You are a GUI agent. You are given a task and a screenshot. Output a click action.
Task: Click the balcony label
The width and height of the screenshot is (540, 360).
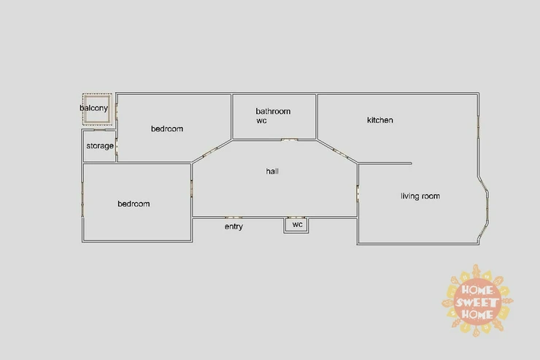[93, 109]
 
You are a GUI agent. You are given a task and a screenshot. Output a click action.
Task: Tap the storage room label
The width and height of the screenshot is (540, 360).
[100, 146]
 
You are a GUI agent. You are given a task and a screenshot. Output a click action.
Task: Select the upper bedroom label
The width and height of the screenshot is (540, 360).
[167, 129]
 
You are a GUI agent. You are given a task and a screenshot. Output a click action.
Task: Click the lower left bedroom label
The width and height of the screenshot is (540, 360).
[134, 204]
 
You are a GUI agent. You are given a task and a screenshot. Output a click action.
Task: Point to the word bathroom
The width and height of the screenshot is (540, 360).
[273, 112]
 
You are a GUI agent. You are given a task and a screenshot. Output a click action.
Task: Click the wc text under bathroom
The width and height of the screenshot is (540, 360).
[261, 121]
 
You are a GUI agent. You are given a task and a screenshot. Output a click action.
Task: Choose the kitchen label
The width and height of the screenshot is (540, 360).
[380, 120]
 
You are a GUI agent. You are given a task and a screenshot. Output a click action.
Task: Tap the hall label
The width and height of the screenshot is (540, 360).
[273, 172]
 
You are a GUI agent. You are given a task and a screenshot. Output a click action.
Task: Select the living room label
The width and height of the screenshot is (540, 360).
[420, 196]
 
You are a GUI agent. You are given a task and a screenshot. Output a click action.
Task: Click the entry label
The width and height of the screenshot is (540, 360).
[234, 227]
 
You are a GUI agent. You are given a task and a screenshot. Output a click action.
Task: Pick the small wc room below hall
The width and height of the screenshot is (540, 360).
[297, 225]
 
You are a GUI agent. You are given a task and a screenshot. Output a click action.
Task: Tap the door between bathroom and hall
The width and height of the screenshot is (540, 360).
[290, 139]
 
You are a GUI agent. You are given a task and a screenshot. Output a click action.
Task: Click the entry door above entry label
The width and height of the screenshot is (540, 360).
[234, 217]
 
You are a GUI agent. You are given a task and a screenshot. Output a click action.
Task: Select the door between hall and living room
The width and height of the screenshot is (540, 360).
[358, 194]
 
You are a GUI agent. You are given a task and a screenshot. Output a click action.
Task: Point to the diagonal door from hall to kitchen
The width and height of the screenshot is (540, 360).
[340, 152]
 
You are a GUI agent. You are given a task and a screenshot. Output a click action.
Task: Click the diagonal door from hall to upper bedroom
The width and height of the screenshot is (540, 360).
[209, 153]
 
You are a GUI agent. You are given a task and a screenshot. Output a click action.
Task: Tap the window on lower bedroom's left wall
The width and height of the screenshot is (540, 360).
[82, 197]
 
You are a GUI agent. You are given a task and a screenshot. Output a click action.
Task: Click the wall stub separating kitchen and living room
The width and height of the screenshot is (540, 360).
[385, 164]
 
